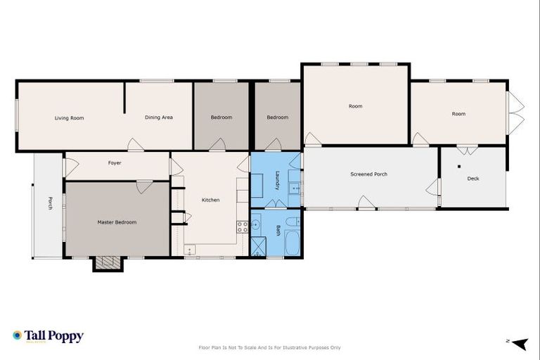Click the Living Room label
[x=69, y=118]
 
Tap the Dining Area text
[x=159, y=117]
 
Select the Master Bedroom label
[x=117, y=222]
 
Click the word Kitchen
[x=211, y=200]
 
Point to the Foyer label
[x=115, y=163]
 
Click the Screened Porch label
[x=368, y=174]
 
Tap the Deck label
[x=473, y=179]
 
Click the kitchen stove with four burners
[x=243, y=226]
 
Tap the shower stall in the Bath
[x=259, y=246]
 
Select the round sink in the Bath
[x=257, y=225]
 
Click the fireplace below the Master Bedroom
[x=108, y=264]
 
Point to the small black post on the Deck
[x=458, y=167]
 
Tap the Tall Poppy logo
[x=48, y=337]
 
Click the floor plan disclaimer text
[x=270, y=347]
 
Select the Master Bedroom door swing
[x=144, y=187]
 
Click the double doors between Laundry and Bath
[x=275, y=205]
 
